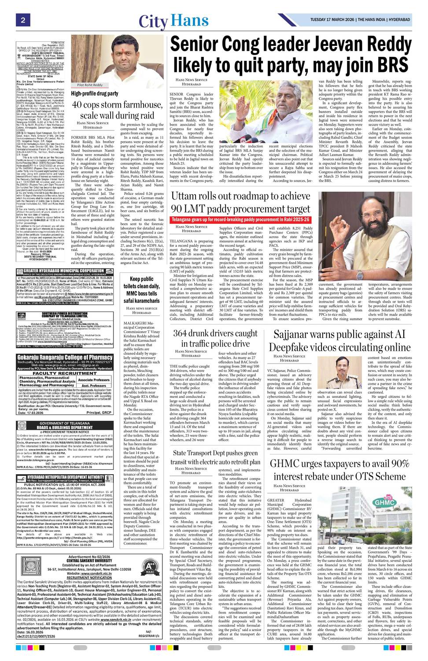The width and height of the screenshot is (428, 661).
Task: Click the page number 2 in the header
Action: click(21, 20)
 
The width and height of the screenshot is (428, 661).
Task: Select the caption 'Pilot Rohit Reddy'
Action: click(90, 85)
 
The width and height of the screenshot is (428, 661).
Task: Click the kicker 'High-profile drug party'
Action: click(95, 93)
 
